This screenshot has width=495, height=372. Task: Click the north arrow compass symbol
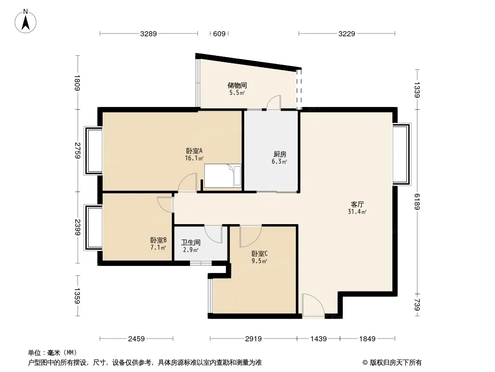pyautogui.click(x=26, y=21)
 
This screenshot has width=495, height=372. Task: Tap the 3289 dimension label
pyautogui.click(x=149, y=33)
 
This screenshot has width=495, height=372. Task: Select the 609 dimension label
pyautogui.click(x=219, y=33)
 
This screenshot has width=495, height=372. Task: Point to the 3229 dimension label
pyautogui.click(x=346, y=33)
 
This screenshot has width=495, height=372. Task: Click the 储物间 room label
pyautogui.click(x=237, y=86)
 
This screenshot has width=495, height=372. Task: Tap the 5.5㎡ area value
pyautogui.click(x=237, y=93)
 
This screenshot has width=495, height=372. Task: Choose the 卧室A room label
pyautogui.click(x=194, y=151)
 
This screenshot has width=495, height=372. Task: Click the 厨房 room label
pyautogui.click(x=280, y=154)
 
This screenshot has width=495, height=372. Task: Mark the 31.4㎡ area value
pyautogui.click(x=357, y=212)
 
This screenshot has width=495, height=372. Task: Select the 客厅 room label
pyautogui.click(x=357, y=204)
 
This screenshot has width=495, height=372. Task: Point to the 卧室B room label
pyautogui.click(x=158, y=240)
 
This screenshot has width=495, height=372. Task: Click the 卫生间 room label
pyautogui.click(x=191, y=242)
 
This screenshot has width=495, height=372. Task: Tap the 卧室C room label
pyautogui.click(x=260, y=253)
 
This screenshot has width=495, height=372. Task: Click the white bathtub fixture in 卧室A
pyautogui.click(x=222, y=176)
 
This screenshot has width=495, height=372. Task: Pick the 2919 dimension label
pyautogui.click(x=253, y=339)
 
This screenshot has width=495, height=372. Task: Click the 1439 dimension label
pyautogui.click(x=318, y=339)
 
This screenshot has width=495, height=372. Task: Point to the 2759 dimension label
pyautogui.click(x=78, y=151)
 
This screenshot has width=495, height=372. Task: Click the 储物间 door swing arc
pyautogui.click(x=274, y=102)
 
